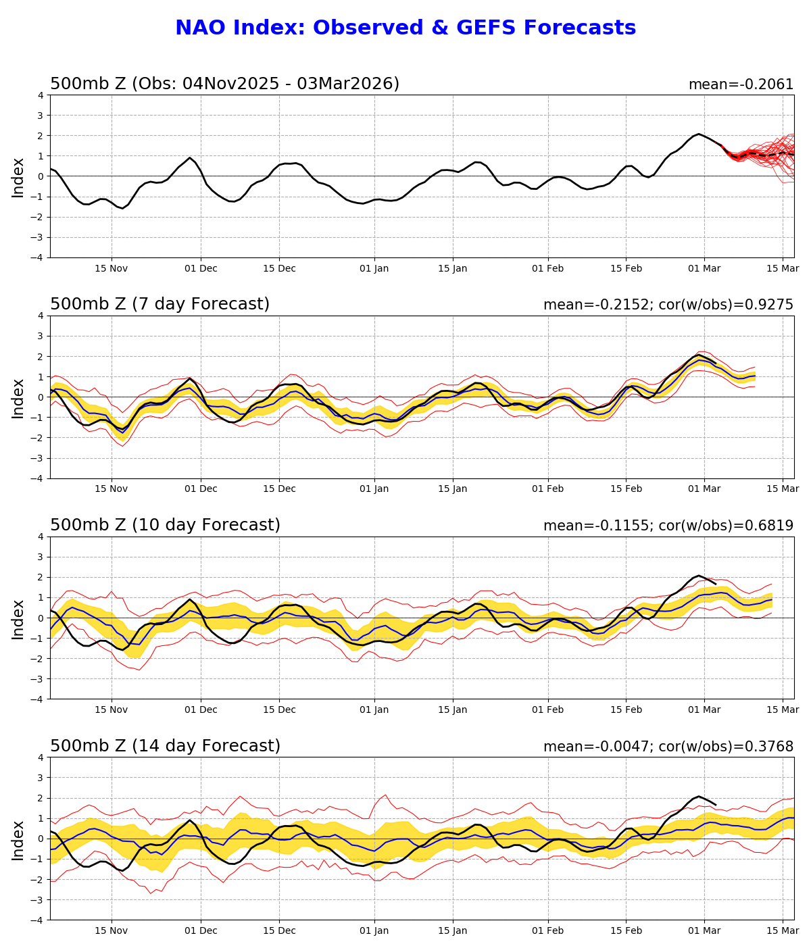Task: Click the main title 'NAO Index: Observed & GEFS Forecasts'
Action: point(405,28)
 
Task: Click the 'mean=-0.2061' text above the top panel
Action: point(741,84)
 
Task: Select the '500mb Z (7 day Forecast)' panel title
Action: point(159,304)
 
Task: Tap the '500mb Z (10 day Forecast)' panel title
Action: point(165,525)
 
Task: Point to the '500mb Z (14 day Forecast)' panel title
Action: point(165,746)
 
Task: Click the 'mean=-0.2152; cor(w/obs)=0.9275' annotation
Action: point(668,305)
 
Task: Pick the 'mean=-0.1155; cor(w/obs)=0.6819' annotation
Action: point(668,526)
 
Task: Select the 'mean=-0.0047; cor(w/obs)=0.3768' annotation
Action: point(668,747)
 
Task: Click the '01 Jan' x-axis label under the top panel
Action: point(374,268)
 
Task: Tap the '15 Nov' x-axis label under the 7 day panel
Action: point(112,489)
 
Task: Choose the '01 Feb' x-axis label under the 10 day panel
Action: point(547,710)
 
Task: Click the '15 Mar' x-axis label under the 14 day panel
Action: point(783,931)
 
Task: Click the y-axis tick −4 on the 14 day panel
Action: point(38,920)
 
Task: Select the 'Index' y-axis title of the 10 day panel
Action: point(18,618)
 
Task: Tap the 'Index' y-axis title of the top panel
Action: point(18,176)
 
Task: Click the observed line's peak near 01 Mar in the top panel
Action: point(699,134)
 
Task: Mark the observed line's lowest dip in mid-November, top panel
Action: point(122,208)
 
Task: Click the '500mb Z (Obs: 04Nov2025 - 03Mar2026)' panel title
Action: point(224,84)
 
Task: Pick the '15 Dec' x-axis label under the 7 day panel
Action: point(279,489)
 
